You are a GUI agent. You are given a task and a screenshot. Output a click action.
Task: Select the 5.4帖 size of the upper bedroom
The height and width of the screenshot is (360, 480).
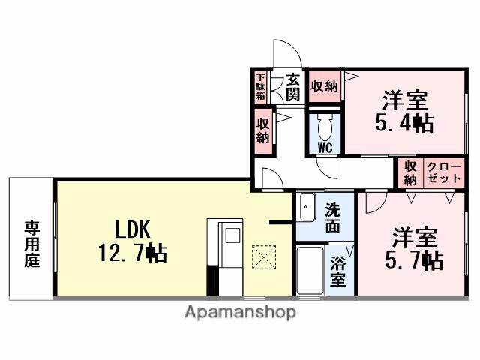pyautogui.click(x=403, y=121)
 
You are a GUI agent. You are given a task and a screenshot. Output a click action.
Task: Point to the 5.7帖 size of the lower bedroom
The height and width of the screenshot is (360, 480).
pyautogui.click(x=413, y=259)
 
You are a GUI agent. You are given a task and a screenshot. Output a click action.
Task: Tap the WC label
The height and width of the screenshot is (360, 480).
pyautogui.click(x=324, y=147)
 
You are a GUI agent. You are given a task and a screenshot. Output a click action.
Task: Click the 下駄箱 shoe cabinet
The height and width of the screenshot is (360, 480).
pyautogui.click(x=260, y=87)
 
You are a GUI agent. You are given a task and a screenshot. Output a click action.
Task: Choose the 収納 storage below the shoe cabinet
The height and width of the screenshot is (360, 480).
pyautogui.click(x=263, y=130)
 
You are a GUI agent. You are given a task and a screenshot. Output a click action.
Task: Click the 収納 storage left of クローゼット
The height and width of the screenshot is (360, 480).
pyautogui.click(x=409, y=173)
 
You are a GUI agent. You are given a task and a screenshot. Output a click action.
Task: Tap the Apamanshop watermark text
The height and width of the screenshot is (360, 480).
pyautogui.click(x=240, y=311)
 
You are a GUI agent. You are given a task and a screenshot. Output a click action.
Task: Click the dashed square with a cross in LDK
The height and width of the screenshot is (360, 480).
pyautogui.click(x=263, y=257)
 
